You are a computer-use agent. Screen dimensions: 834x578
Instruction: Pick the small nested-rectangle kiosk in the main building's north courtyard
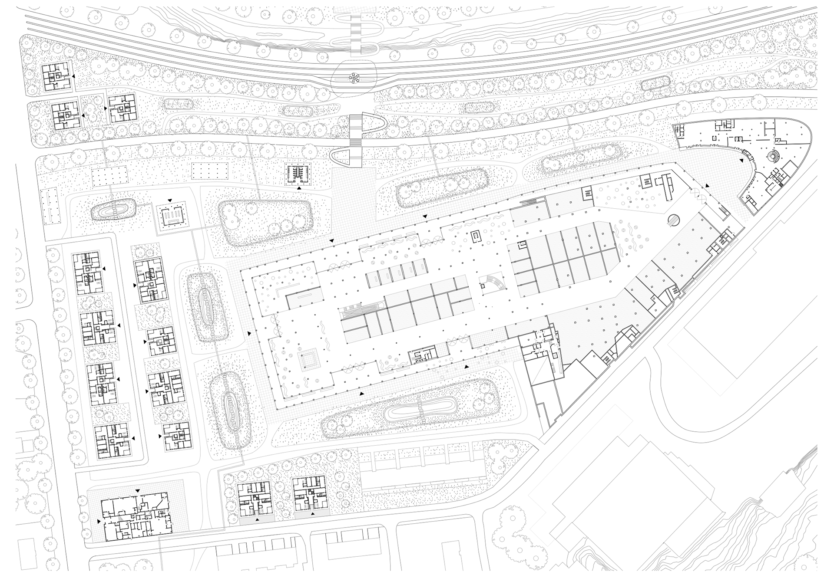click(477, 236)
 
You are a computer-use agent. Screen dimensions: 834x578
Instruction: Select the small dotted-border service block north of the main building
click(299, 174)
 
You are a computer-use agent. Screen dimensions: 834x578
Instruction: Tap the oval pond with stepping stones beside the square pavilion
click(115, 212)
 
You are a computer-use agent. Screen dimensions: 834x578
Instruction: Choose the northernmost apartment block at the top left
click(57, 78)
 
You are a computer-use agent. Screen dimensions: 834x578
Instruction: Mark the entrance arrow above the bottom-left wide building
click(137, 491)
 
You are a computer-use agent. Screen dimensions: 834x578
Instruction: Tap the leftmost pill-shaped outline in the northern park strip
click(179, 103)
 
